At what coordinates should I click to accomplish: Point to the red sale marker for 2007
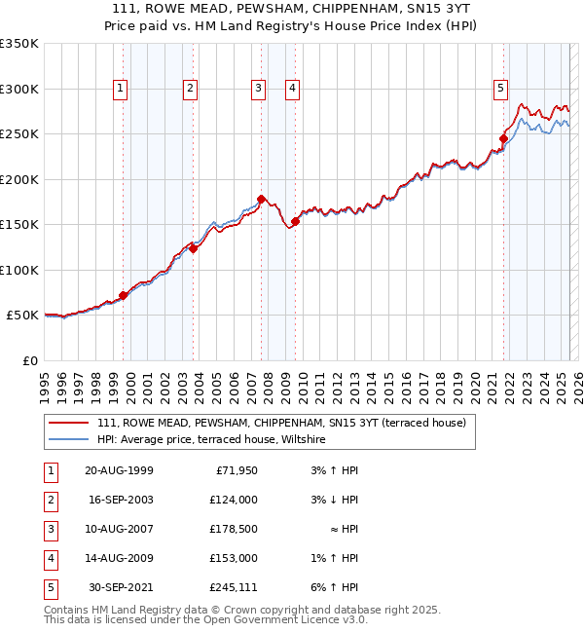coord(262,199)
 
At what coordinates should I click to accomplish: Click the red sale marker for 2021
coord(504,138)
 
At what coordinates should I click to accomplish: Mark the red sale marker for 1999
coord(124,295)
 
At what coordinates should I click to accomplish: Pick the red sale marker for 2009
coord(295,222)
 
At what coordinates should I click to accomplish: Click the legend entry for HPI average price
coord(210,440)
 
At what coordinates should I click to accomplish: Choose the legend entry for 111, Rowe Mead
coord(281,423)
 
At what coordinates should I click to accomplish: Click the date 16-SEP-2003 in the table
coord(120,500)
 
